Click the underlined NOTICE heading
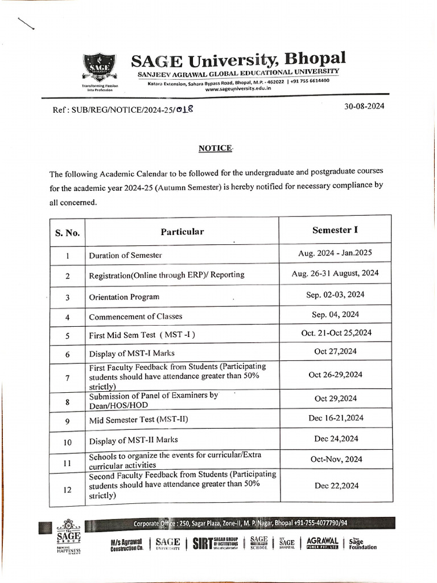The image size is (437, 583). [216, 148]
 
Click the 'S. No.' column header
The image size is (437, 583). [67, 232]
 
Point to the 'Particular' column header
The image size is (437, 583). [182, 232]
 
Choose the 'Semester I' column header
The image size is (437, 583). [335, 230]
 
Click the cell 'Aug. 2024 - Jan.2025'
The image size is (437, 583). [335, 253]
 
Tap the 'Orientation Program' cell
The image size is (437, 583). [124, 297]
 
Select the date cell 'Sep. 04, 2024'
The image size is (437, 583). [335, 314]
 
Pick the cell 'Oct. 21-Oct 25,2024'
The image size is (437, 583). [335, 332]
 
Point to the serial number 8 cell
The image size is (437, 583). [67, 402]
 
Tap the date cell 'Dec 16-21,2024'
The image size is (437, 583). [335, 418]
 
